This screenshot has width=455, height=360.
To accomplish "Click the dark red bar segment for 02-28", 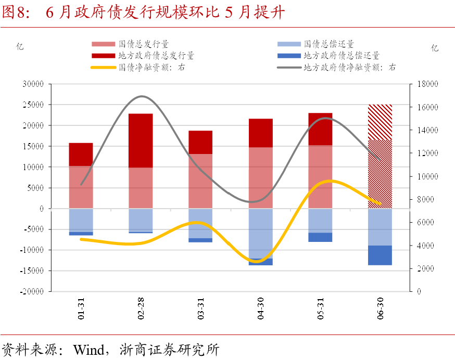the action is [141, 140].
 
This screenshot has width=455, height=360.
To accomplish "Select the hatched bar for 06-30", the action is [380, 156].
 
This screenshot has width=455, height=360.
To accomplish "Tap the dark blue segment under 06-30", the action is [380, 255].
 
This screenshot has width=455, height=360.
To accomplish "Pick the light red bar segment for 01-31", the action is [81, 187].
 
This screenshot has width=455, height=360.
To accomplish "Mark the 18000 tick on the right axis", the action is [426, 84].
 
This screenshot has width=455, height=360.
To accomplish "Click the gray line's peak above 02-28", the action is [142, 96].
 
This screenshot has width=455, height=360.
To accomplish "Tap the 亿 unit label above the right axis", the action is [435, 48].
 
